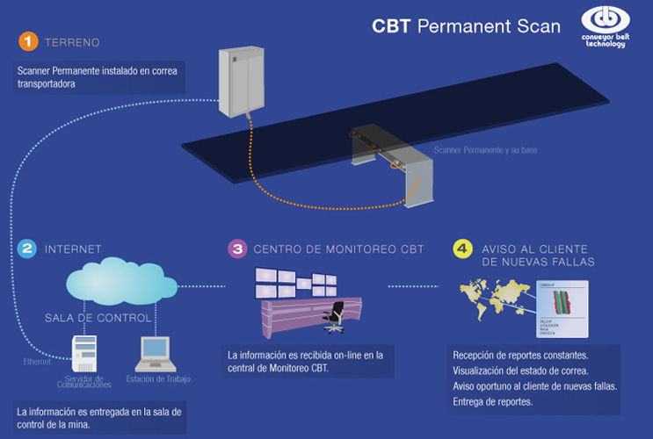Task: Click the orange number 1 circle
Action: [29, 41]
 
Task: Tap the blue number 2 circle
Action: [27, 248]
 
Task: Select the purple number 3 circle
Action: [236, 248]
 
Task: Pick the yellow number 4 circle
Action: [462, 248]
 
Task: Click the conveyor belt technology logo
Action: [604, 27]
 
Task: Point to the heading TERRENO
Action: [72, 41]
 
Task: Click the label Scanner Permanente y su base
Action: [477, 151]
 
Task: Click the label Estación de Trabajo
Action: [158, 379]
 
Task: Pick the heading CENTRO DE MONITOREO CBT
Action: [338, 249]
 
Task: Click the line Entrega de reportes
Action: [496, 402]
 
